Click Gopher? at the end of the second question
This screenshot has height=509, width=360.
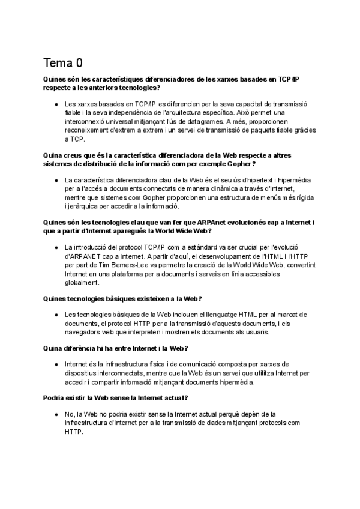[x=243, y=164]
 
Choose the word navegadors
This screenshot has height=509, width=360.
[x=84, y=332]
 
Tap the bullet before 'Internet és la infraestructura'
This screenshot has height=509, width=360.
[x=56, y=364]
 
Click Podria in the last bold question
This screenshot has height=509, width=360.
[x=55, y=397]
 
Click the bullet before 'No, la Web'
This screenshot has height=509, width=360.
[x=56, y=414]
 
